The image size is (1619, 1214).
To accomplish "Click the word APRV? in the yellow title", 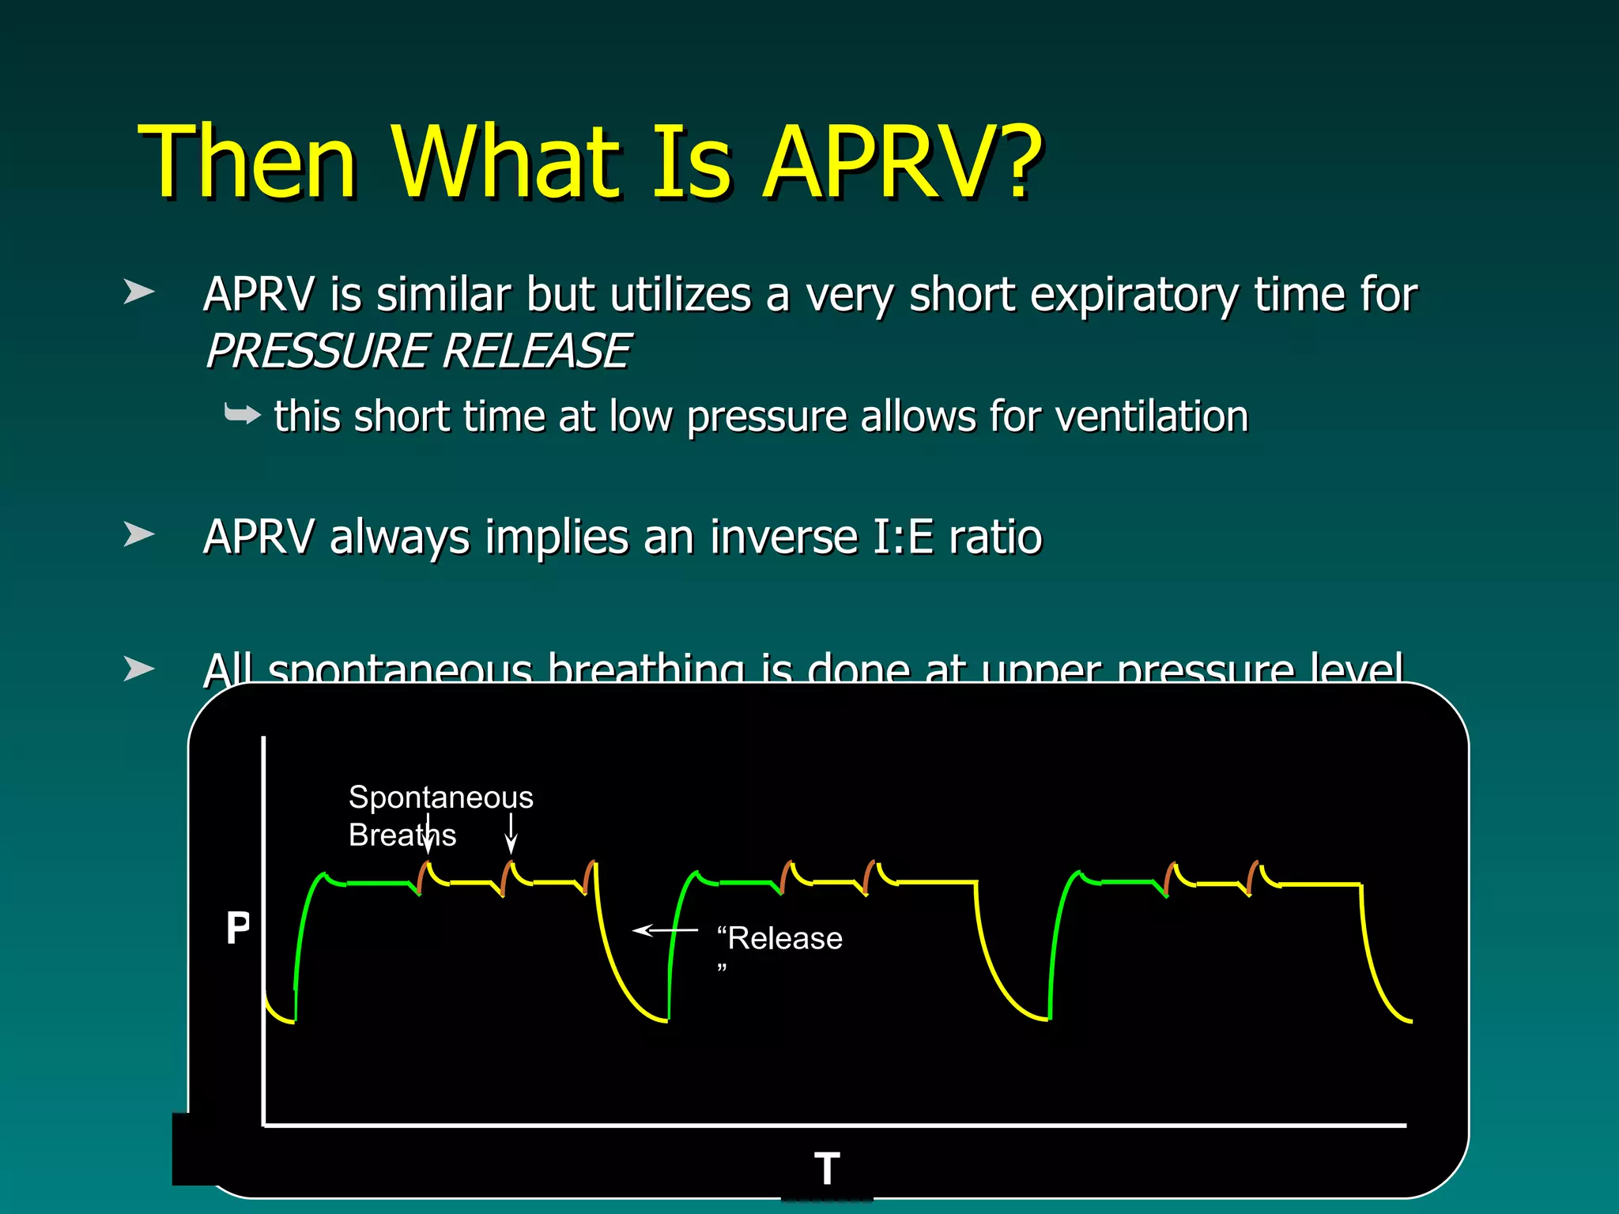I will (x=901, y=162).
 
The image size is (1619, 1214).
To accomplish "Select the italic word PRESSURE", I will (x=317, y=351).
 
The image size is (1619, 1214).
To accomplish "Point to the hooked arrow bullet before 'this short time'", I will (x=242, y=414).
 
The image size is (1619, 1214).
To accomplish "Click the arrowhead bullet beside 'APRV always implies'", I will (x=139, y=535).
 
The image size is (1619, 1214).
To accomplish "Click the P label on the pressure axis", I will (x=237, y=928).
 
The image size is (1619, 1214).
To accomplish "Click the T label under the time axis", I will (x=827, y=1169).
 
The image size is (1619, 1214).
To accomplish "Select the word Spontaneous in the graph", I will (x=440, y=797).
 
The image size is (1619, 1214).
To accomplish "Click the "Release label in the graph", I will (x=779, y=939).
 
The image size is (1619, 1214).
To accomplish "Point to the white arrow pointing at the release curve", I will (x=664, y=931).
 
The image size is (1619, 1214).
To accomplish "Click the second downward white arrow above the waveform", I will (x=511, y=834).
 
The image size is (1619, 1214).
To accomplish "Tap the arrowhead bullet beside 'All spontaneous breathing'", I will (x=139, y=669).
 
